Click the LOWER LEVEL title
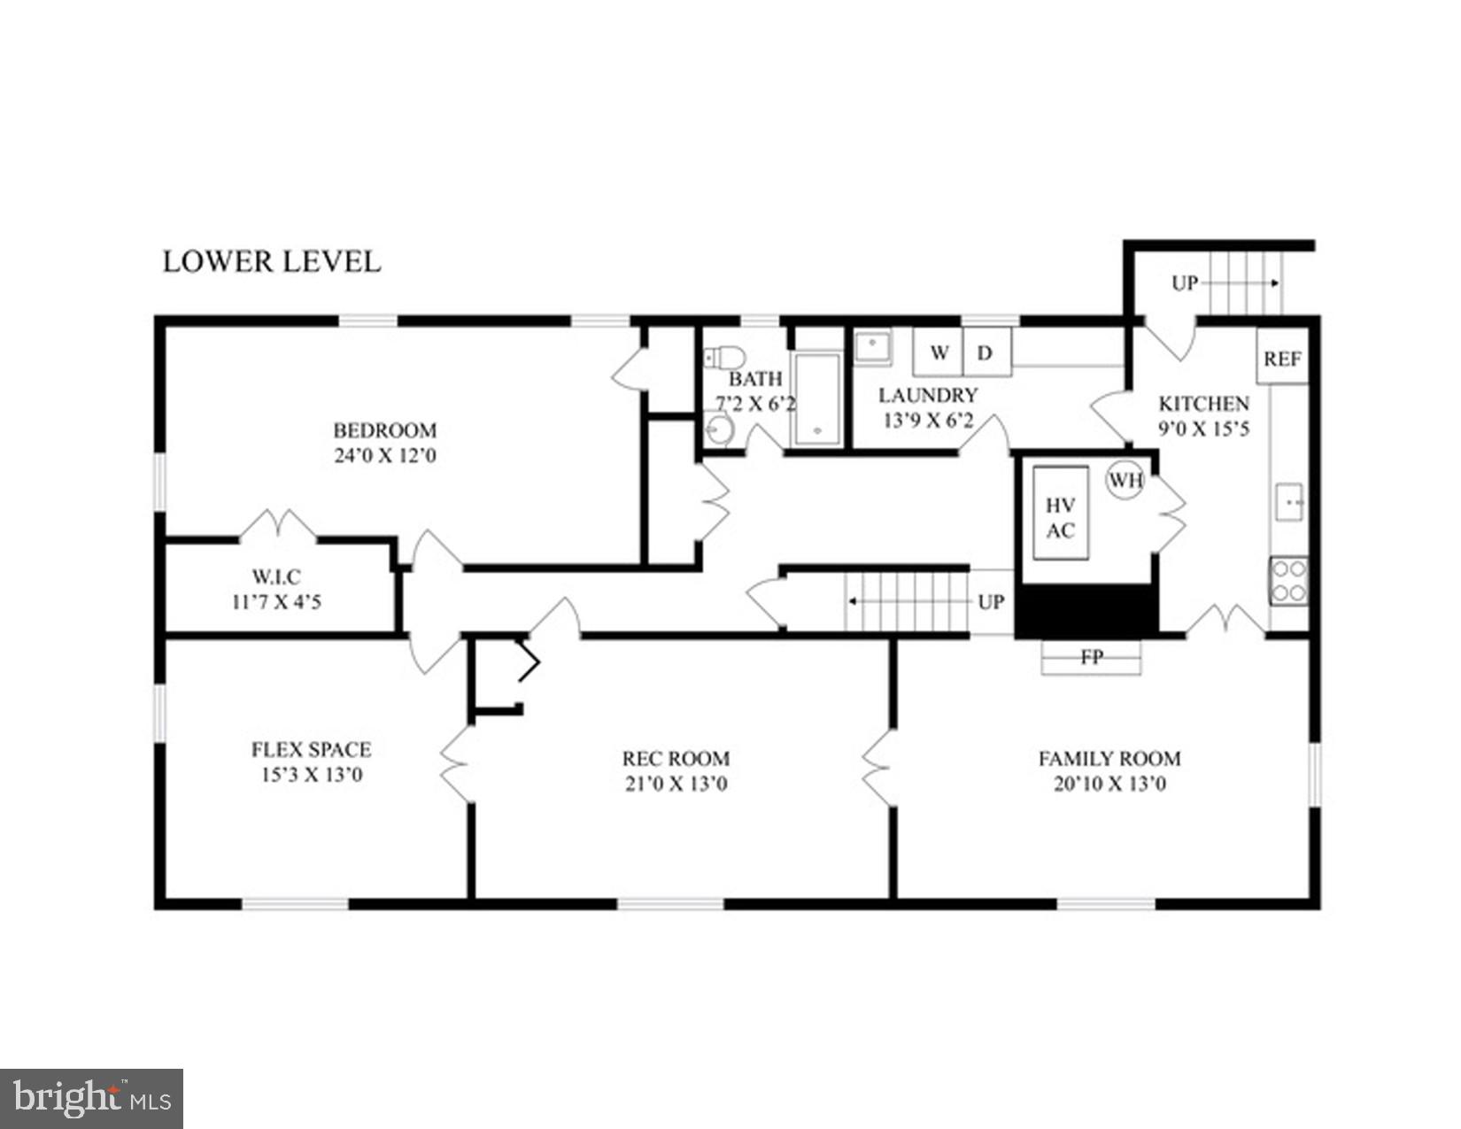272,261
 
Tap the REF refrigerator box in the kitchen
1281,358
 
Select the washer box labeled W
939,352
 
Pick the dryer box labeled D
985,352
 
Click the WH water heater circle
1125,481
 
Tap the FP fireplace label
1091,658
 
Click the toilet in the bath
724,358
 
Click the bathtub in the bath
816,398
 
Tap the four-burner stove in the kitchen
1288,581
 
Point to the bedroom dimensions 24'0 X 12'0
384,457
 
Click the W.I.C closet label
275,576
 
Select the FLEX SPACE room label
311,749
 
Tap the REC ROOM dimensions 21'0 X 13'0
676,784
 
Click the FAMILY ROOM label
1109,758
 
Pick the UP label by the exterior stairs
1184,283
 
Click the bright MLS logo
91,1099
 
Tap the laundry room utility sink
873,346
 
